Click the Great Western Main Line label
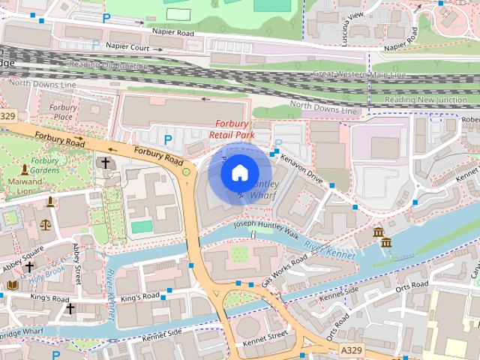pyautogui.click(x=359, y=74)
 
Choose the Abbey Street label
pyautogui.click(x=76, y=263)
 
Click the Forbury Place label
pyautogui.click(x=63, y=112)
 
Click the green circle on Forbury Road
pyautogui.click(x=186, y=172)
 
